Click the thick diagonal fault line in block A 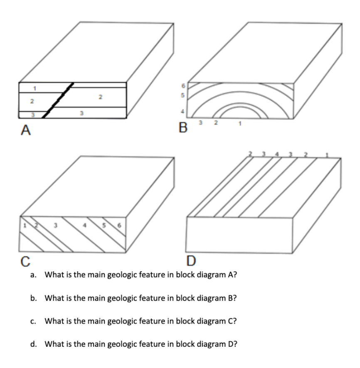[58, 101]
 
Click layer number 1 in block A [36, 88]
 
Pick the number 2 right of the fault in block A [100, 97]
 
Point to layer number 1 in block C [25, 225]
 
